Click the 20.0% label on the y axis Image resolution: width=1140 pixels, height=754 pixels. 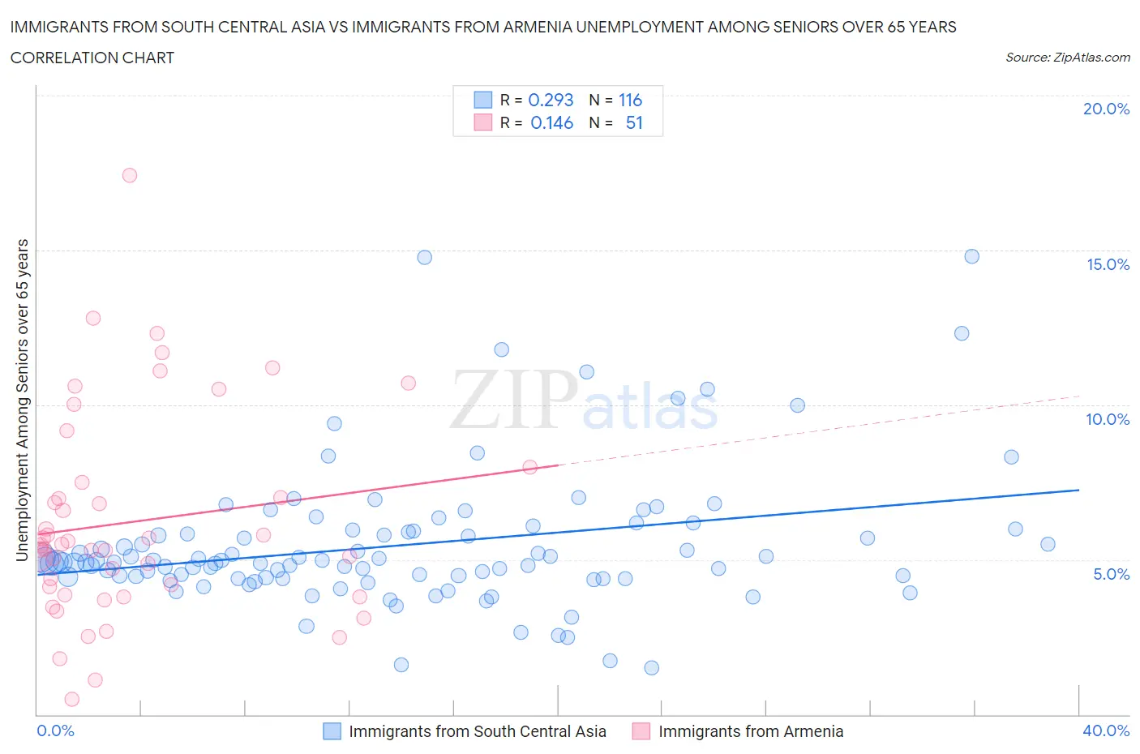[1106, 109]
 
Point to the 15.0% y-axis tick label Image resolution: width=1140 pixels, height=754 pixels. [1108, 264]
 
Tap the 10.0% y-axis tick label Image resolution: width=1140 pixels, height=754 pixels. [1108, 419]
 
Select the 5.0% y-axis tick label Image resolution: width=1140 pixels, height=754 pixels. [1111, 574]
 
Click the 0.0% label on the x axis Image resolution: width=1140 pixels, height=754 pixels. [55, 730]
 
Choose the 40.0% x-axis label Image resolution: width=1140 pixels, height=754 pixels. [1106, 730]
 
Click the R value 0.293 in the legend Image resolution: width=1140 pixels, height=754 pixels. [551, 100]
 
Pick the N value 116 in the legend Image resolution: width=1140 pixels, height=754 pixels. [630, 100]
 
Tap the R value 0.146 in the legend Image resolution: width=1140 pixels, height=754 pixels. [551, 122]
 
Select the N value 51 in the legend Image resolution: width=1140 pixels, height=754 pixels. [634, 122]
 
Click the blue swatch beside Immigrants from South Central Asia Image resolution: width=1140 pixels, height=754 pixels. [332, 731]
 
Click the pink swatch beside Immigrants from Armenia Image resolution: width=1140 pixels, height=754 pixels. [641, 731]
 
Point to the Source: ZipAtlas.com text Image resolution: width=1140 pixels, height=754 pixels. [1067, 57]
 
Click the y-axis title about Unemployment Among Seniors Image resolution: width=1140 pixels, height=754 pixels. [23, 400]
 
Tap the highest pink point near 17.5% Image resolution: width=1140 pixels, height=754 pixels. [130, 175]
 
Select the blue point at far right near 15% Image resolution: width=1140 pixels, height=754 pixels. [971, 256]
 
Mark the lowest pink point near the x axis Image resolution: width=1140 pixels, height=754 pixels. [71, 699]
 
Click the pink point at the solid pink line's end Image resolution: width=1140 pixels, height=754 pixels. [530, 466]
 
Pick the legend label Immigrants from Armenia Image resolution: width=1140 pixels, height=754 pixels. [751, 731]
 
